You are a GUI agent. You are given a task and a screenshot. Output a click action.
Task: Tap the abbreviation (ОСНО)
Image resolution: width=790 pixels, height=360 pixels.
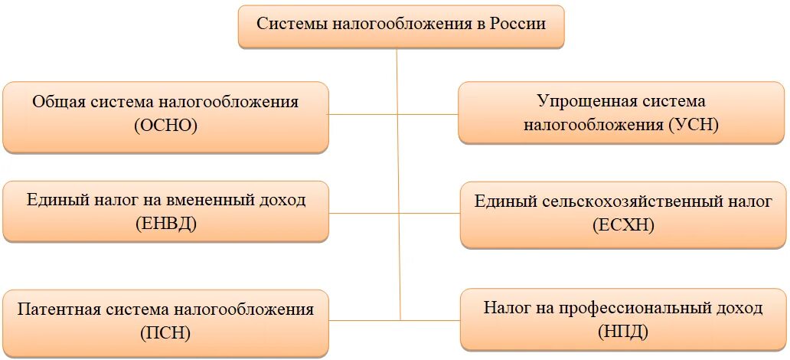click(165, 126)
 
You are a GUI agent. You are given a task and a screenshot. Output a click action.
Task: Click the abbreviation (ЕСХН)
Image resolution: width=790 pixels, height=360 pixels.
click(623, 226)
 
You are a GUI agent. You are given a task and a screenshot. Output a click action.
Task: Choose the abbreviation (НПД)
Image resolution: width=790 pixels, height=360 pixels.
click(623, 332)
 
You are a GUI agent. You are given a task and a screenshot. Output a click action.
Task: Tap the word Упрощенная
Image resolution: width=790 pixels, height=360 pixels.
click(579, 100)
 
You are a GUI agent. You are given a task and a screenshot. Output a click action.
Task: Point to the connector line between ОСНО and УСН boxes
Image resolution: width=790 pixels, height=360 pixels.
click(393, 114)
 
